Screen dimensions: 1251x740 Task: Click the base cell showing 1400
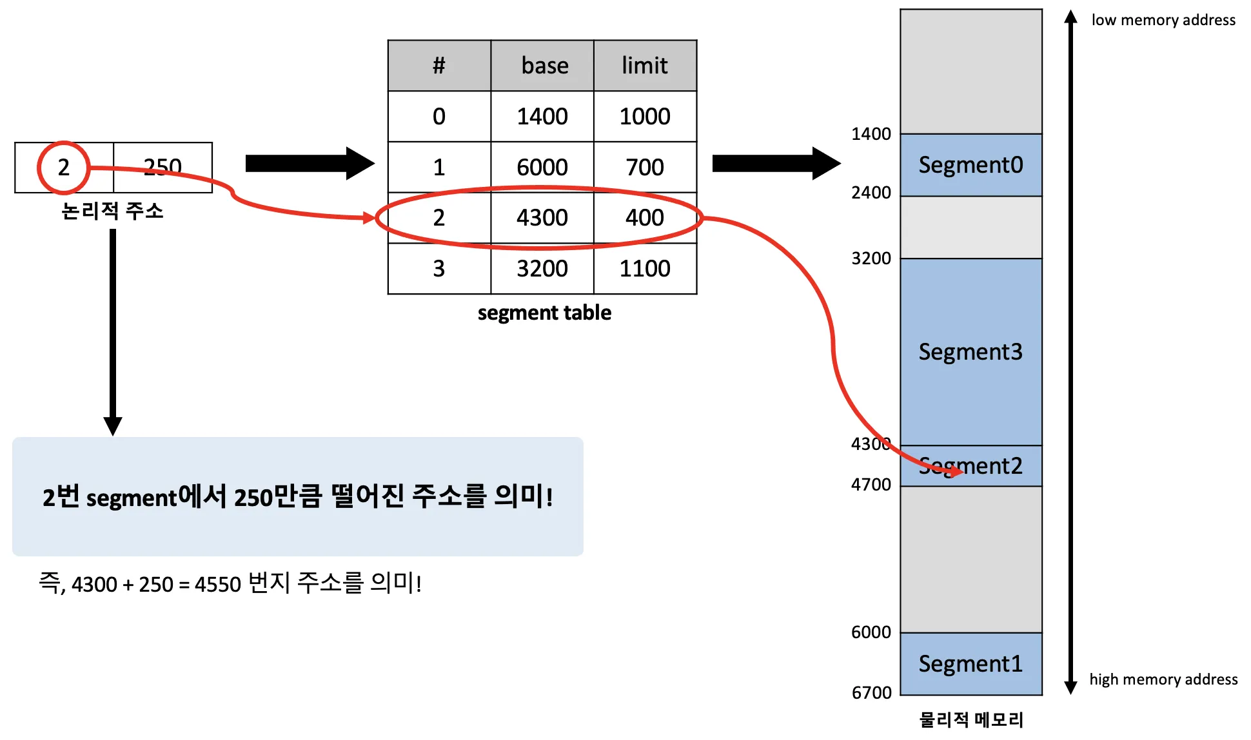(542, 117)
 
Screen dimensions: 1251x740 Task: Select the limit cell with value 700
(644, 168)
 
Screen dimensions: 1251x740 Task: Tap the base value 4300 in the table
(542, 218)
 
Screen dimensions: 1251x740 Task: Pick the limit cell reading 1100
(644, 269)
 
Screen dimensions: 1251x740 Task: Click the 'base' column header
(544, 66)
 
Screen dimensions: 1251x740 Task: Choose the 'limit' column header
(644, 66)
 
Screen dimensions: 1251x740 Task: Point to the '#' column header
(438, 66)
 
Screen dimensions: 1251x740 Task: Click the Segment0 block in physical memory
(970, 165)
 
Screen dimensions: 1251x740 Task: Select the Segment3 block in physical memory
(970, 352)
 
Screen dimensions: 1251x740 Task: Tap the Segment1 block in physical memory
(970, 664)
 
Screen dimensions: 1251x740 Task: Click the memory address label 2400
(871, 193)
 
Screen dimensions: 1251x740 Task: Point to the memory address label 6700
(871, 693)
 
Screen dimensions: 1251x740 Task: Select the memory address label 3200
(871, 258)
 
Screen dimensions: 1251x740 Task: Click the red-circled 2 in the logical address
(63, 168)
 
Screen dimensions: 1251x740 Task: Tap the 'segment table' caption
(544, 313)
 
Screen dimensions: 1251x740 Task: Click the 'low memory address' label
(1163, 20)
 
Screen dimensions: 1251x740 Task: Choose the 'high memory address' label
(1163, 679)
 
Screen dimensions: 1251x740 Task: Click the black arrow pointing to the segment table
(310, 164)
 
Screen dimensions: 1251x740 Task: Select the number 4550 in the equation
(217, 585)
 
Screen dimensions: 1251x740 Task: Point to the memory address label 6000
(871, 632)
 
